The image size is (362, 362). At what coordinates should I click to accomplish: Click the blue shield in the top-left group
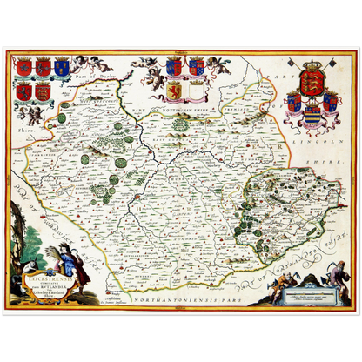point(62,67)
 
